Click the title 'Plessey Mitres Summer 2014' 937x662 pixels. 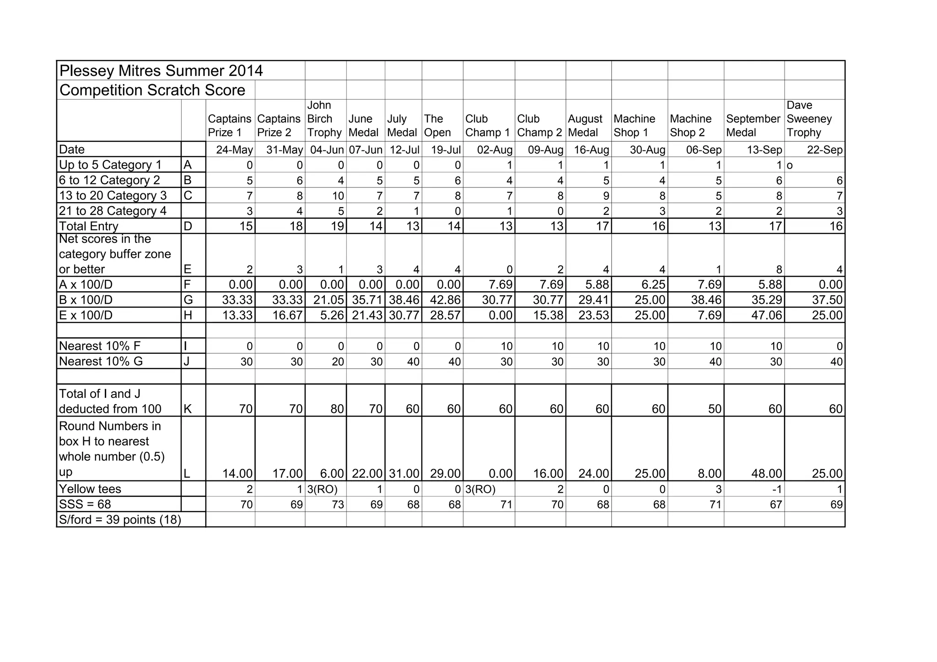161,71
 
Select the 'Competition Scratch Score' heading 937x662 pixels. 152,90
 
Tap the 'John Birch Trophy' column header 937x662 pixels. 324,119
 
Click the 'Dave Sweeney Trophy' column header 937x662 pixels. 809,119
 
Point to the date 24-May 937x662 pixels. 234,150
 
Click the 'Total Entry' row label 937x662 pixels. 89,226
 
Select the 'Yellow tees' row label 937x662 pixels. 90,489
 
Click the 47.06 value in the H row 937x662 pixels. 767,315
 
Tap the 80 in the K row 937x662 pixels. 337,409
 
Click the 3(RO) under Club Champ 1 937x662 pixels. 480,489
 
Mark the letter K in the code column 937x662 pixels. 188,409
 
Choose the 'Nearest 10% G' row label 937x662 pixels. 101,361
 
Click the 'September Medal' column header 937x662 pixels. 753,126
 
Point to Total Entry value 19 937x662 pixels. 337,226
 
